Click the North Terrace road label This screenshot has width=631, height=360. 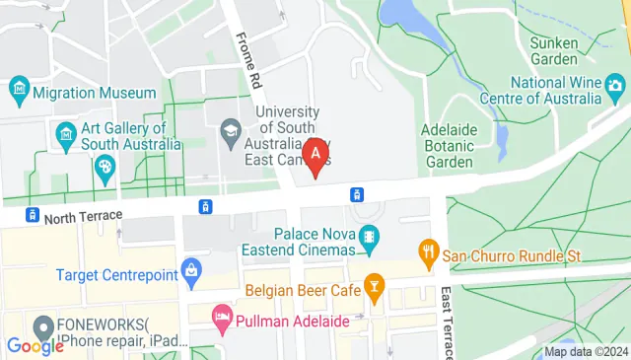[84, 215]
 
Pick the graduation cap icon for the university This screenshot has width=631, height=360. [231, 130]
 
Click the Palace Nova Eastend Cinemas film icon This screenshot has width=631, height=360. [369, 236]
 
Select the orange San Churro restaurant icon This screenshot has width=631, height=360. [428, 253]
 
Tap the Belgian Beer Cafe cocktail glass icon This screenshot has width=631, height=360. [374, 288]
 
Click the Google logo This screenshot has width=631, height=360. [35, 345]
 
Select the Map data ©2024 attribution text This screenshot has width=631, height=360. [586, 351]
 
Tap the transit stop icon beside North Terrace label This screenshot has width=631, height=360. [34, 215]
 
